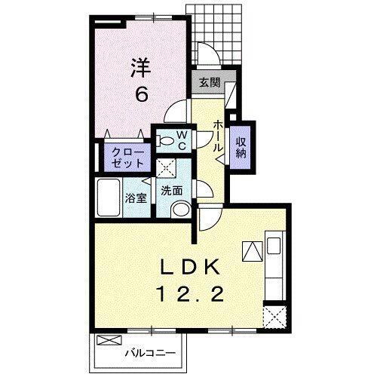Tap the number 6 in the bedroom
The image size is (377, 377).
click(x=141, y=95)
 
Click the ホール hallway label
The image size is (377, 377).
click(x=217, y=135)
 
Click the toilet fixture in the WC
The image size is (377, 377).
click(x=164, y=139)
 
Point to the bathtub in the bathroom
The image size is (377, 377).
click(x=108, y=198)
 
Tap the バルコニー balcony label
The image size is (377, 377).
click(x=149, y=353)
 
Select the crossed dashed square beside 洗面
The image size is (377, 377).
click(x=165, y=168)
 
